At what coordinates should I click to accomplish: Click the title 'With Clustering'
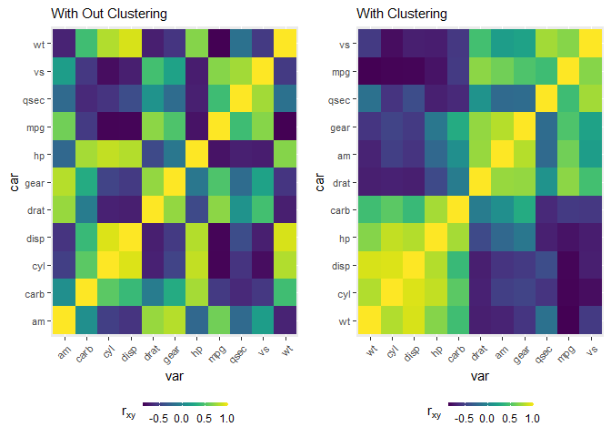(402, 14)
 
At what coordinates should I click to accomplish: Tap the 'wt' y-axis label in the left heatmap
(38, 44)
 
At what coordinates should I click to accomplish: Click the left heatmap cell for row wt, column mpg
(223, 44)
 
